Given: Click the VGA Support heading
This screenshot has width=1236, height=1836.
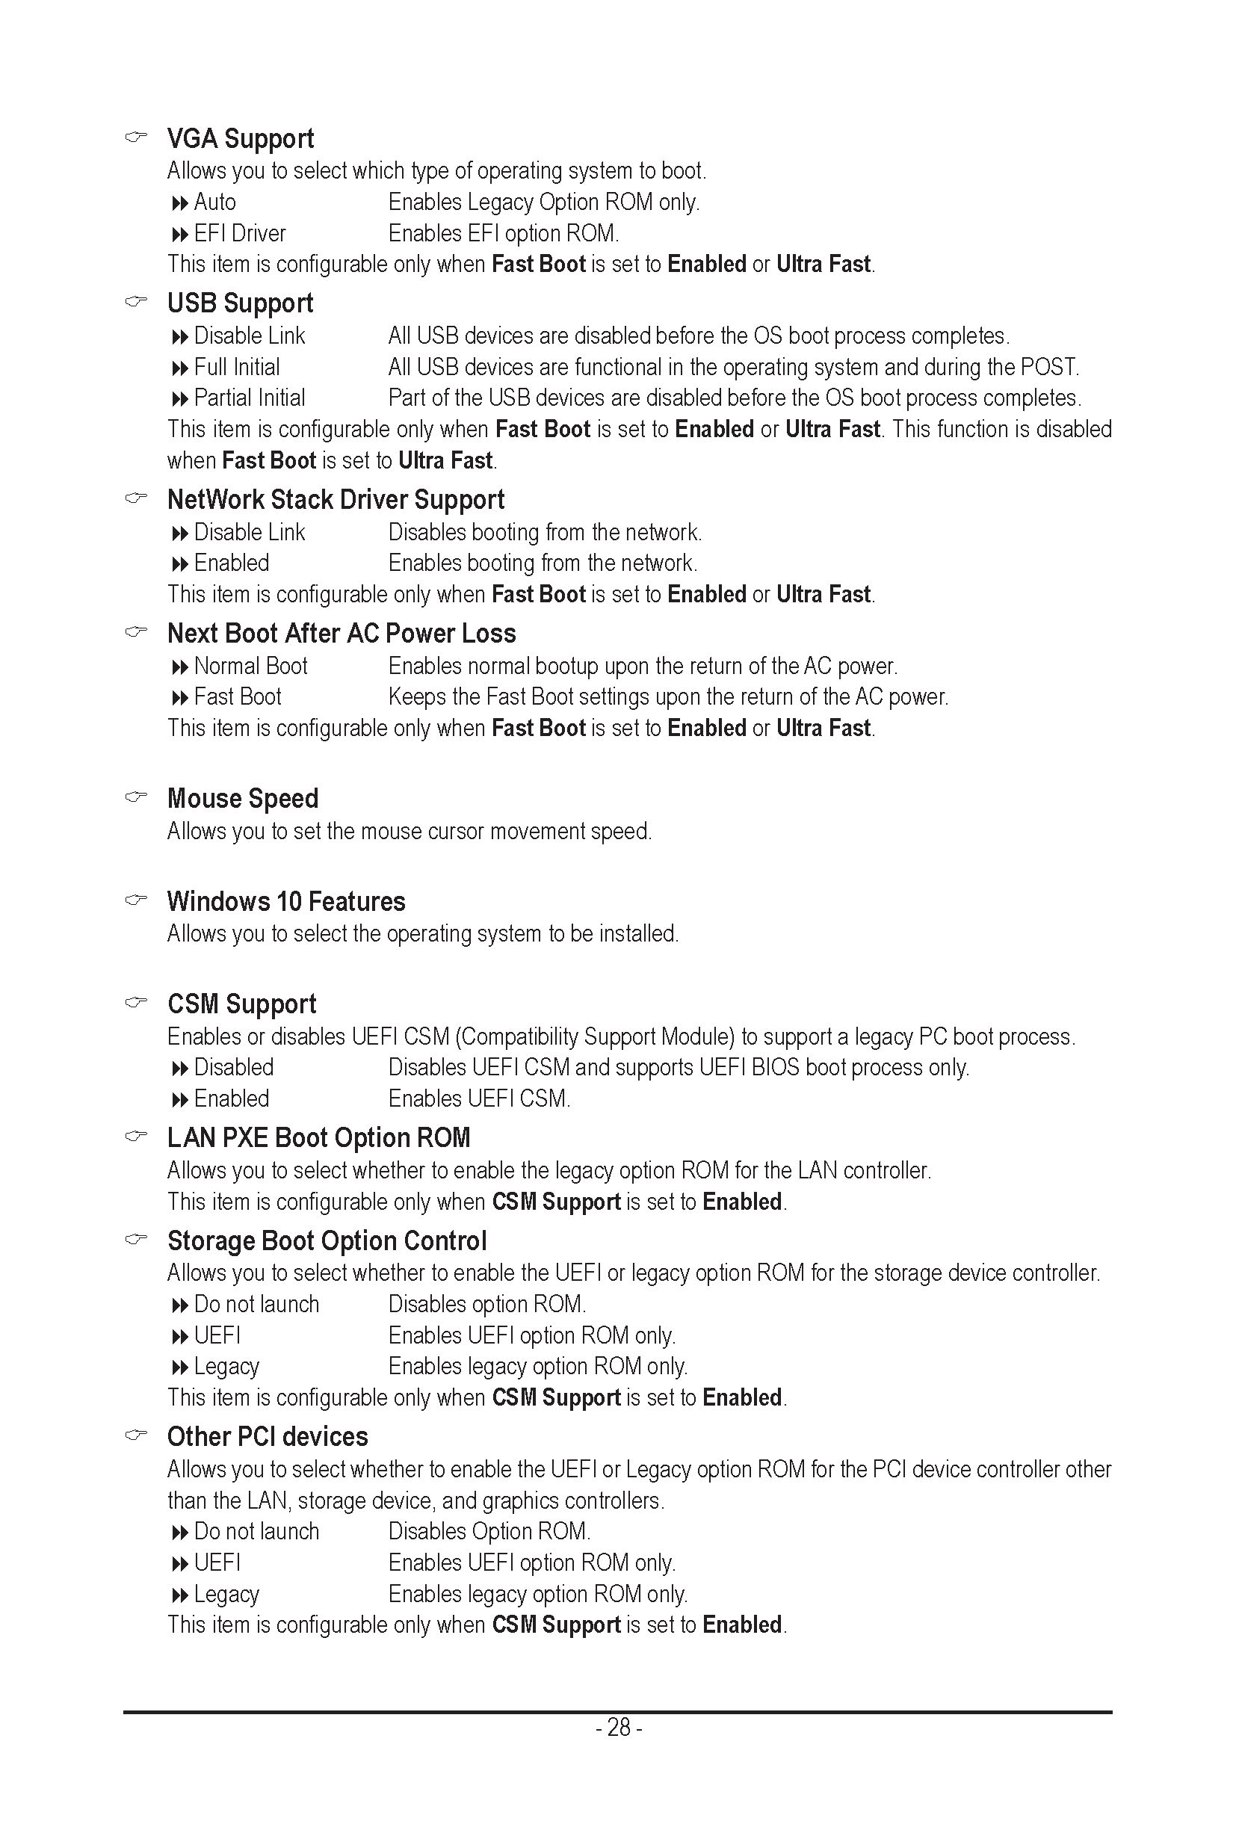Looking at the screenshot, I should coord(241,139).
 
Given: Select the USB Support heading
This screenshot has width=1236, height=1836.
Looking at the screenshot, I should coord(240,303).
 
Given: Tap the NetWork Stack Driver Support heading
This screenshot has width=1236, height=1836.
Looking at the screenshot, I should coord(335,500).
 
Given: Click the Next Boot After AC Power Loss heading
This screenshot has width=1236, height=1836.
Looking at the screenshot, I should coord(342,634).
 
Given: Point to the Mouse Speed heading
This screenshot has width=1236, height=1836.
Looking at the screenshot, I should coord(243,799).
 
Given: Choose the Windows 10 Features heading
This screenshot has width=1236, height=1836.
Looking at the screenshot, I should coord(286,902).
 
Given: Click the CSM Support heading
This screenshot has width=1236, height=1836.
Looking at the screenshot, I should coord(241,1004).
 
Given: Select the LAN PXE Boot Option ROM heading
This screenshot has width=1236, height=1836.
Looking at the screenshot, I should coord(318,1138).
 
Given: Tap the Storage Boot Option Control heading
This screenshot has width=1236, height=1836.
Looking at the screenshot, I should coord(327,1242).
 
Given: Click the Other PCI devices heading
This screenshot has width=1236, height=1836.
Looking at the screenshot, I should coord(268,1437).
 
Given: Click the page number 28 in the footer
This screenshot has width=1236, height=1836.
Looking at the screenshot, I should coord(619,1728).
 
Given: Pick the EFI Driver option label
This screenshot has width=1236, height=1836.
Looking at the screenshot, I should coord(240,234).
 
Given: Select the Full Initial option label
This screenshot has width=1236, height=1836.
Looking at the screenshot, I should coord(236,368).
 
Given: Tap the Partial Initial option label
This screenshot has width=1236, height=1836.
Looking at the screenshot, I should coord(249,398).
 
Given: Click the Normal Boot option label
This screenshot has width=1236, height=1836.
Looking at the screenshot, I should coord(250,666).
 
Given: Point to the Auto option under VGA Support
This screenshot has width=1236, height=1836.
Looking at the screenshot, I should coord(214,203).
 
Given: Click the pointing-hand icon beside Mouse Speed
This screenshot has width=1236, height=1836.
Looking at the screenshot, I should coord(136,797).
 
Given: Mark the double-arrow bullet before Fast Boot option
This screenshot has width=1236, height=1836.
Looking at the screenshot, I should coord(180,698).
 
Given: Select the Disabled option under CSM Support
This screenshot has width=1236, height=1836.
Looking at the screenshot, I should coord(233,1067).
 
